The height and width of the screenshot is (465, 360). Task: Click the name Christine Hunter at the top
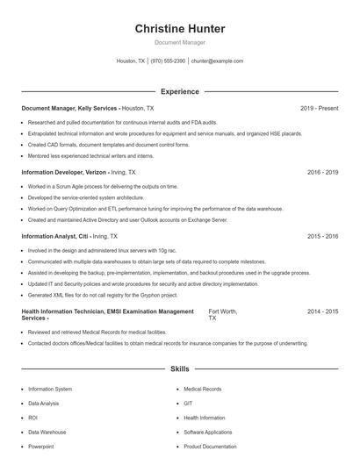(x=180, y=29)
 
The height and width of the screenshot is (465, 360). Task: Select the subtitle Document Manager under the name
(x=180, y=42)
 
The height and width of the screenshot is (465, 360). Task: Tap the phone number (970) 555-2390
(x=168, y=61)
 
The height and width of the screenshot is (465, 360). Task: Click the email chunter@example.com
(x=217, y=61)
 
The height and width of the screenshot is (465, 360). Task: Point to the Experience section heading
(x=180, y=91)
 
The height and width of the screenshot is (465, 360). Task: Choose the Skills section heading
(x=180, y=369)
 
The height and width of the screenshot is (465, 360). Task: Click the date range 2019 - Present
(x=319, y=108)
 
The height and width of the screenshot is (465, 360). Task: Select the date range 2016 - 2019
(x=322, y=173)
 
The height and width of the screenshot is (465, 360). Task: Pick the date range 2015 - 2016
(x=322, y=236)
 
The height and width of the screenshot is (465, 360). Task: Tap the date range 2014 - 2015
(x=322, y=311)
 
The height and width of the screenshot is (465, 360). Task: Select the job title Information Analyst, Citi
(x=54, y=236)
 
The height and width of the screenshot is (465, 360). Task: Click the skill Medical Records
(x=202, y=389)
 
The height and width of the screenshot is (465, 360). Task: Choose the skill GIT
(x=188, y=403)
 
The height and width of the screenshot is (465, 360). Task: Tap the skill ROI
(x=32, y=418)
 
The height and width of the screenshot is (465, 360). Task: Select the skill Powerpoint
(x=40, y=447)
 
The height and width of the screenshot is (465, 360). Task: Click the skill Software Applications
(x=207, y=433)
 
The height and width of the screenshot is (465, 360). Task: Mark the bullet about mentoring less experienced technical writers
(x=89, y=154)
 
